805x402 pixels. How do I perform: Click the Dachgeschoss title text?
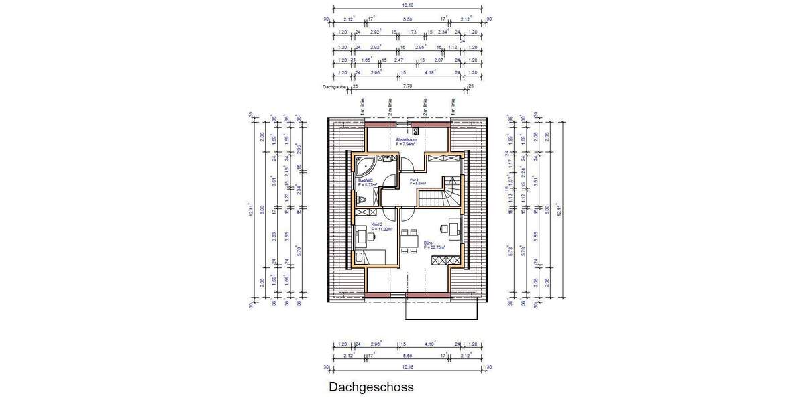tap(371, 387)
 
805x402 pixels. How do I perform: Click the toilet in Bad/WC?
tap(362, 199)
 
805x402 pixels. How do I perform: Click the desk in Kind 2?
tap(363, 235)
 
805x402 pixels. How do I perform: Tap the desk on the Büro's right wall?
tap(455, 227)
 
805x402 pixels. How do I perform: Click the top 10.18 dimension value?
tap(407, 5)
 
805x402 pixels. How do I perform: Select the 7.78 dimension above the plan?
tap(407, 86)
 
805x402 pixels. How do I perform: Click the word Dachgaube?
tap(333, 87)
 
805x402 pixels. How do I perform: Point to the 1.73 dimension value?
tap(412, 32)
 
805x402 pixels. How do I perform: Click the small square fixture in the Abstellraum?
tap(416, 131)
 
